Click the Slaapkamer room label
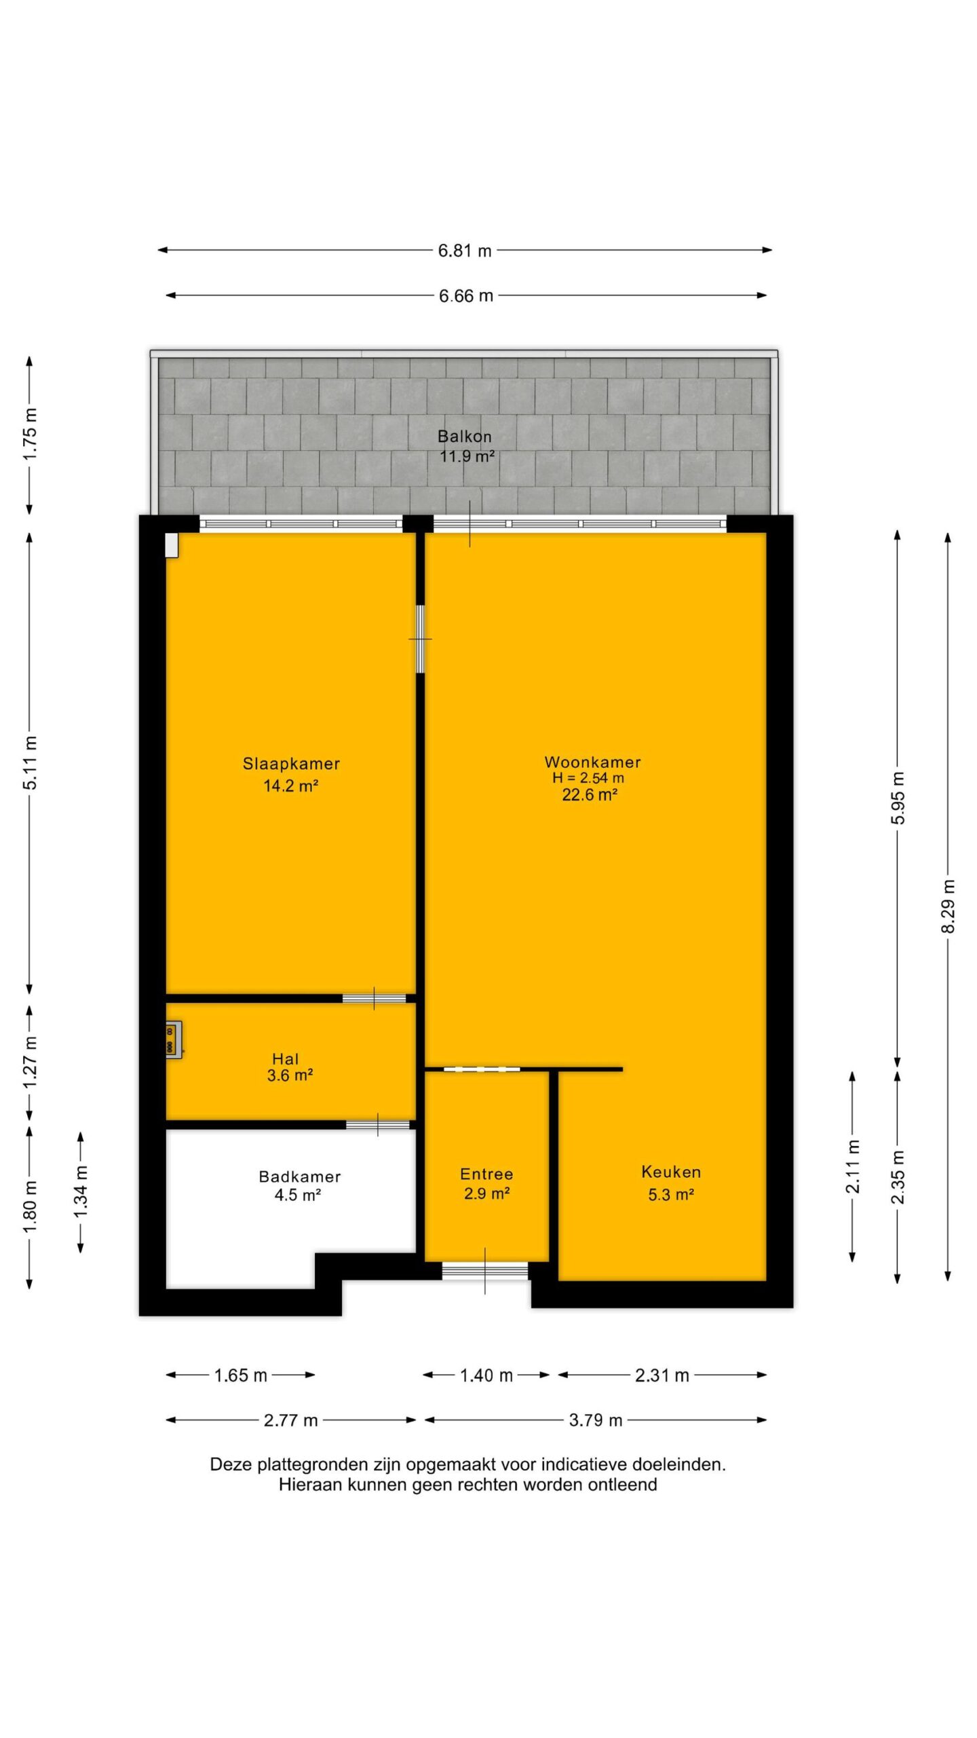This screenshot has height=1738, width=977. pyautogui.click(x=291, y=764)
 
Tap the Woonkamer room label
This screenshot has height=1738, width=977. pyautogui.click(x=592, y=762)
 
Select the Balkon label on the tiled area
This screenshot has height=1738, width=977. pyautogui.click(x=465, y=437)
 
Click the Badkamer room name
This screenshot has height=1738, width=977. pyautogui.click(x=299, y=1177)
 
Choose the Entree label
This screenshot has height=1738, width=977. pyautogui.click(x=486, y=1174)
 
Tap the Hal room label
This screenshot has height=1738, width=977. pyautogui.click(x=285, y=1058)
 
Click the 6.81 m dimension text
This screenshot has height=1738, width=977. pyautogui.click(x=465, y=251)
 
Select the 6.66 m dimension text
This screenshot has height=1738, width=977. pyautogui.click(x=466, y=296)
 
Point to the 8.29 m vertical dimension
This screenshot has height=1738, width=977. pyautogui.click(x=948, y=906)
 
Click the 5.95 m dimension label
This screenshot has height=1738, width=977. pyautogui.click(x=898, y=798)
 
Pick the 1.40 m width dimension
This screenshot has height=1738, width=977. pyautogui.click(x=486, y=1375)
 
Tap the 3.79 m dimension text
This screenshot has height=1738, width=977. pyautogui.click(x=596, y=1420)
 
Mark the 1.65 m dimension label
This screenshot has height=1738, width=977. pyautogui.click(x=241, y=1375)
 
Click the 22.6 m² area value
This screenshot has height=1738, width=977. pyautogui.click(x=589, y=794)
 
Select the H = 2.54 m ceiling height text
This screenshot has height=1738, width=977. pyautogui.click(x=588, y=778)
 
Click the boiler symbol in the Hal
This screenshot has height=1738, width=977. pyautogui.click(x=173, y=1039)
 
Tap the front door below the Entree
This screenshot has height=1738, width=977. pyautogui.click(x=485, y=1271)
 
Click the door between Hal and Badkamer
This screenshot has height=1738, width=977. pyautogui.click(x=378, y=1125)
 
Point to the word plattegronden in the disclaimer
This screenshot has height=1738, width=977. pyautogui.click(x=305, y=1465)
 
